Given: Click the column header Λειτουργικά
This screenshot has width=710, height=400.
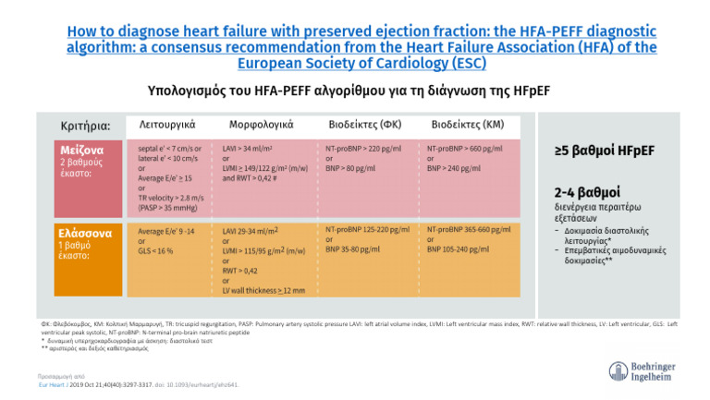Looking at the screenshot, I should coord(165,124).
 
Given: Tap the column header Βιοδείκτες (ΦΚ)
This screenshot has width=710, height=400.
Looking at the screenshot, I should coord(364,124).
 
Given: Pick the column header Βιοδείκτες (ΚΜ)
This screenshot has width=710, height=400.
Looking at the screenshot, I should coord(468,124).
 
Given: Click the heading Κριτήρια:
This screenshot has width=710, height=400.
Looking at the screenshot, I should coord(85,126).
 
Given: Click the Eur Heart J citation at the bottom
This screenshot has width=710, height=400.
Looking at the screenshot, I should coord(134,383).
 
